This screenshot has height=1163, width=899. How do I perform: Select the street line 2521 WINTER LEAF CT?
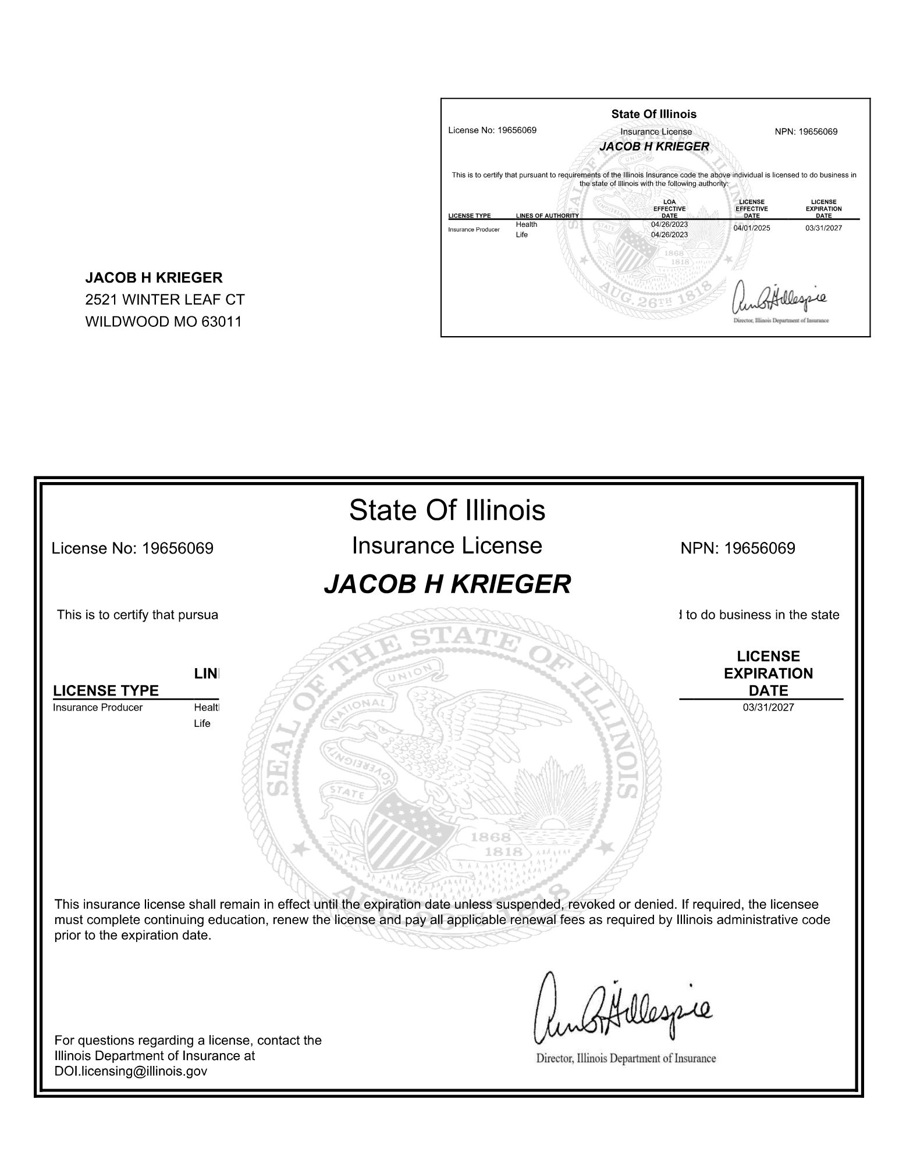(x=165, y=300)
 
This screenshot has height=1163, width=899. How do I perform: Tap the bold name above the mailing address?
(x=154, y=278)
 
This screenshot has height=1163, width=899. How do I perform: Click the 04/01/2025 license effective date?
(x=751, y=228)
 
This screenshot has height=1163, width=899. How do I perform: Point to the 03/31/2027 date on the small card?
(x=823, y=228)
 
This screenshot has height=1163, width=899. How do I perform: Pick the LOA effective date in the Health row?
(x=669, y=224)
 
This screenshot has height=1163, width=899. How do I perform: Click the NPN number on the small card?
(x=806, y=132)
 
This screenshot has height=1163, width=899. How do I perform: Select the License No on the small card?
(x=492, y=130)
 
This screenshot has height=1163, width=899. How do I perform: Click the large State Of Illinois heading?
(x=447, y=511)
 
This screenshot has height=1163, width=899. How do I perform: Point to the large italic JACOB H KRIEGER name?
(x=447, y=584)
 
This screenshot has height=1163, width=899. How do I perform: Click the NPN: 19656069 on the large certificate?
(x=737, y=548)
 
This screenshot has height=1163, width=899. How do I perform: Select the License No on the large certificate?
(x=133, y=548)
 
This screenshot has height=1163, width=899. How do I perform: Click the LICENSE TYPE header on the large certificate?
(x=106, y=691)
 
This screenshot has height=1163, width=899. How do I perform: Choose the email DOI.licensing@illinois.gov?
(x=130, y=1071)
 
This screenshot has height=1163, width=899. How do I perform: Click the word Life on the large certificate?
(x=202, y=724)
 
